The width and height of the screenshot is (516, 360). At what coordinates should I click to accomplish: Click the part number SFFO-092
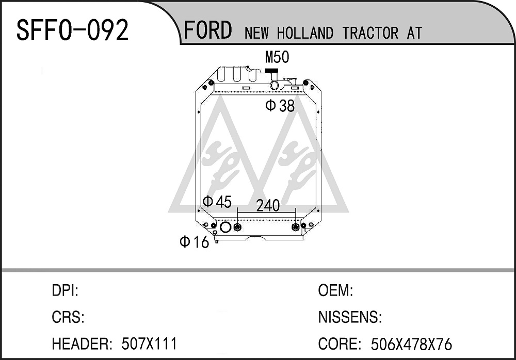click(x=72, y=30)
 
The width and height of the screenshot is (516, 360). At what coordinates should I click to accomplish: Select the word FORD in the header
click(x=207, y=30)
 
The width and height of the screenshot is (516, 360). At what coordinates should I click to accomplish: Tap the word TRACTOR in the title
click(x=370, y=33)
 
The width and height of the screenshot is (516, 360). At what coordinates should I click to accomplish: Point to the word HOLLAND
click(x=305, y=33)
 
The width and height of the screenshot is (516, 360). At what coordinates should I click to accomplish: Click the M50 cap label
click(x=277, y=57)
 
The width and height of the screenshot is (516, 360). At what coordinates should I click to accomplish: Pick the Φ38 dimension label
click(x=280, y=106)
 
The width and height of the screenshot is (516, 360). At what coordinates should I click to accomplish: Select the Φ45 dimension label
click(x=217, y=201)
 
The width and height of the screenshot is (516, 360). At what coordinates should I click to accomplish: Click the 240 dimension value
click(x=268, y=206)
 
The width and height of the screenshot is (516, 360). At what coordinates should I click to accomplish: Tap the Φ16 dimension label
click(x=195, y=242)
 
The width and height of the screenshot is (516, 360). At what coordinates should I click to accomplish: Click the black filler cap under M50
click(x=271, y=71)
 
